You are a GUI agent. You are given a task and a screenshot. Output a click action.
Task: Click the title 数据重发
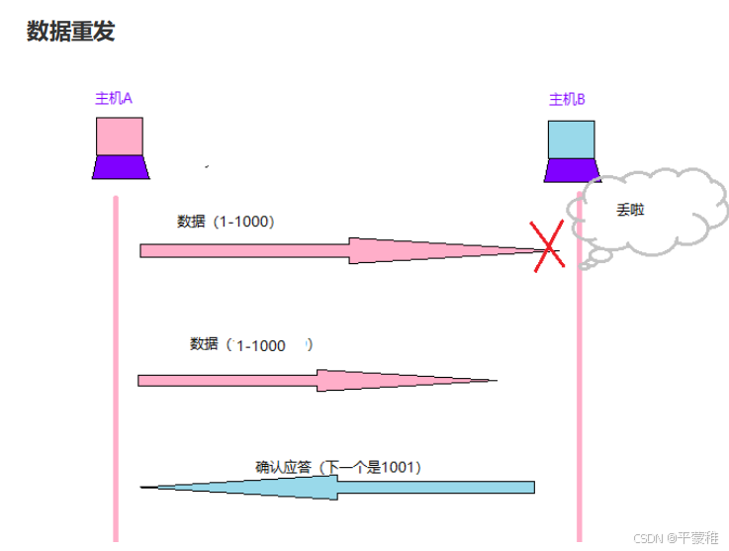pos(70,32)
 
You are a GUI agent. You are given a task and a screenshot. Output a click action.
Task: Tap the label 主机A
pos(114,99)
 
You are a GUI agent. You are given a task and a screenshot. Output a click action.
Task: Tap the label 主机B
pos(568,99)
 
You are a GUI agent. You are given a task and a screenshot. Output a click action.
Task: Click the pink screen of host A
pos(120,138)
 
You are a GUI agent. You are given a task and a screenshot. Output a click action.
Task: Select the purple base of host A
pos(121,167)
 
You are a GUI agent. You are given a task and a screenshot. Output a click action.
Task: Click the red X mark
pos(547,245)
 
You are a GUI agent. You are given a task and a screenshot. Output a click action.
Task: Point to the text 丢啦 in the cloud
pos(630,211)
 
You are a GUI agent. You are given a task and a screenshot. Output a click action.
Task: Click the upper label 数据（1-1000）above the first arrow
pos(226,222)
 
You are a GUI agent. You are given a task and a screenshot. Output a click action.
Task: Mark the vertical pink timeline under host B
pos(579,415)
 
